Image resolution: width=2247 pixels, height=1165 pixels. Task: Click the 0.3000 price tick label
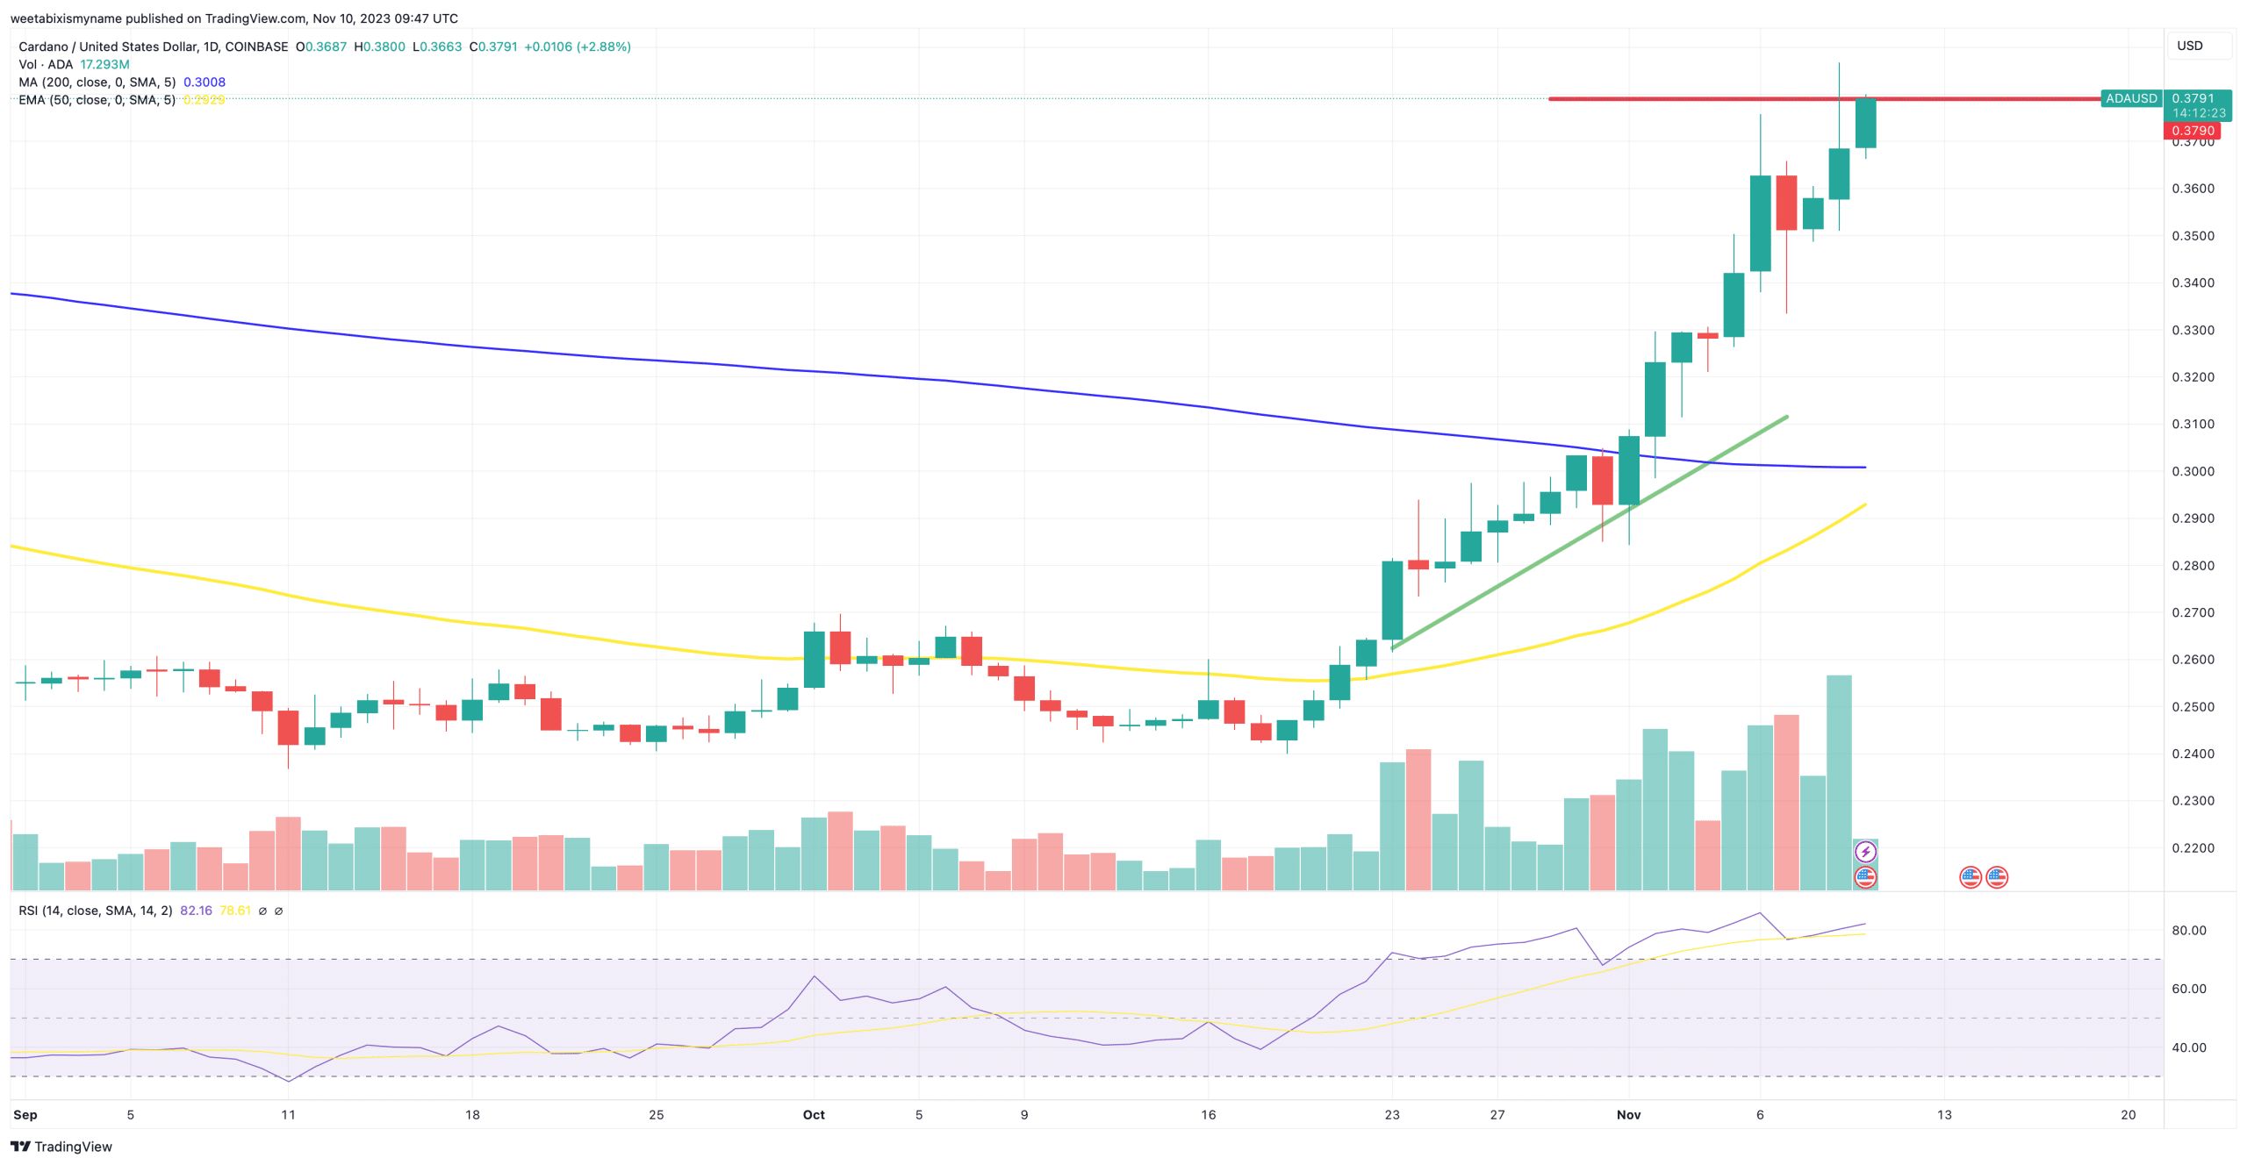coord(2192,471)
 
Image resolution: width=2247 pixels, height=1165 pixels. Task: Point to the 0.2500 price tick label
coord(2192,706)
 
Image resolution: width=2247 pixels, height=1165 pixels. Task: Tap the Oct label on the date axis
coord(814,1114)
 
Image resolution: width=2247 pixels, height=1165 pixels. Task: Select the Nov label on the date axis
coord(1628,1114)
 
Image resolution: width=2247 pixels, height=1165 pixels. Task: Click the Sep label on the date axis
coord(25,1114)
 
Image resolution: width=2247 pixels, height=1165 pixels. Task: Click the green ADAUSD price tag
coord(2130,98)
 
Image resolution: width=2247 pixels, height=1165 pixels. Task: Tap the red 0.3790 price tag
coord(2193,131)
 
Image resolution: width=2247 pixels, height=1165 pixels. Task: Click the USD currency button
coord(2189,46)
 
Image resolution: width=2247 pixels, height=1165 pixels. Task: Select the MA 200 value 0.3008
coord(205,82)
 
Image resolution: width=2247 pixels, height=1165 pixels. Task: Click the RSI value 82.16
coord(196,911)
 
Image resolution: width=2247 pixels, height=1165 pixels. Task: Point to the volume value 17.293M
coord(104,64)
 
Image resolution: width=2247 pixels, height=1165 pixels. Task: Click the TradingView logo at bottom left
coord(61,1146)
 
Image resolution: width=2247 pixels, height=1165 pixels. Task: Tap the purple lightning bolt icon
coord(1865,851)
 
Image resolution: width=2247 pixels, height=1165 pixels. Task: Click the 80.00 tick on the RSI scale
coord(2188,930)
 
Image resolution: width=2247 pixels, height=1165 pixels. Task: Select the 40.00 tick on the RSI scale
coord(2188,1047)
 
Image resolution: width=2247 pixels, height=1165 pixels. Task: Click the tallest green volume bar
coord(1839,781)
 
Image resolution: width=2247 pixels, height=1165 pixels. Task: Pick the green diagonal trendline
coord(1589,532)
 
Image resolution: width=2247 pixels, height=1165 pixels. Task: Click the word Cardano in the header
coord(43,46)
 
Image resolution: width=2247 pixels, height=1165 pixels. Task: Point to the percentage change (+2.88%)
coord(603,46)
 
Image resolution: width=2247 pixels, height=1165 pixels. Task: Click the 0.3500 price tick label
coord(2192,235)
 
